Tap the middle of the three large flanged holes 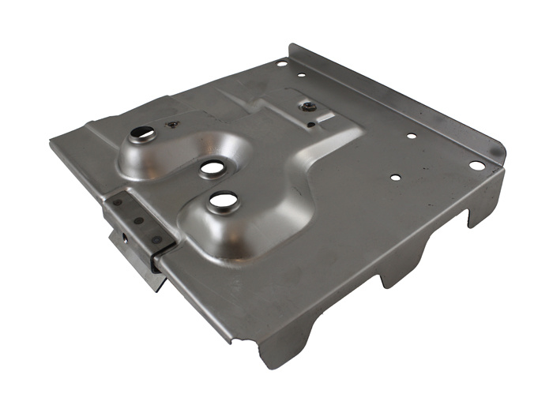tap(212, 167)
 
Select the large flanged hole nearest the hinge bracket tap(223, 201)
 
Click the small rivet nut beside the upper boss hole tap(171, 124)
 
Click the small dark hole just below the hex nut tap(312, 123)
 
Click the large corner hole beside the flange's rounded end tap(476, 165)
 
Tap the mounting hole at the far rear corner tap(281, 63)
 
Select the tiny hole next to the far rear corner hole tap(301, 76)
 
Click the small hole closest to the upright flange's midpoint tap(411, 136)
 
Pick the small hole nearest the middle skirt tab tap(395, 178)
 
